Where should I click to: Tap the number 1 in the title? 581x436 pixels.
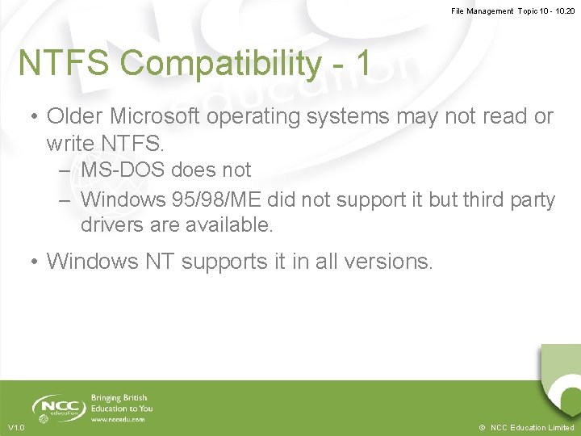point(362,63)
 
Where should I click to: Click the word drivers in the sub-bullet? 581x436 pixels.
point(111,225)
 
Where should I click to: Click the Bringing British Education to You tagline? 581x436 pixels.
point(121,403)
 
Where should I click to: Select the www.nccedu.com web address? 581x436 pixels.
point(118,420)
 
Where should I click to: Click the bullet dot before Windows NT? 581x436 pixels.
point(35,262)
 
